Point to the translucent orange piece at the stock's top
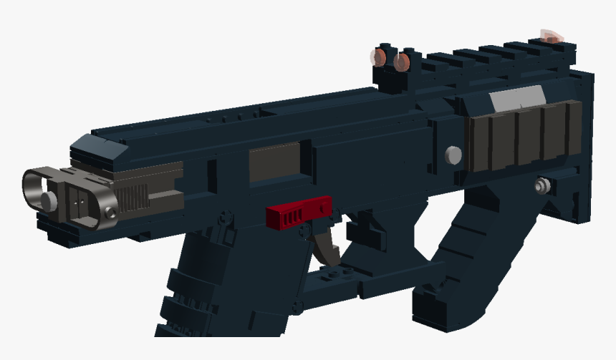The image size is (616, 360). tap(551, 36)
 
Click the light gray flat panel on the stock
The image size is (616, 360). tap(517, 98)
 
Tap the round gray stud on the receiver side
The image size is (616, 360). tap(453, 155)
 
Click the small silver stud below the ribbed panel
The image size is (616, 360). tap(543, 186)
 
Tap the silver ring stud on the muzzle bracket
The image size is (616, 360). tap(109, 213)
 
